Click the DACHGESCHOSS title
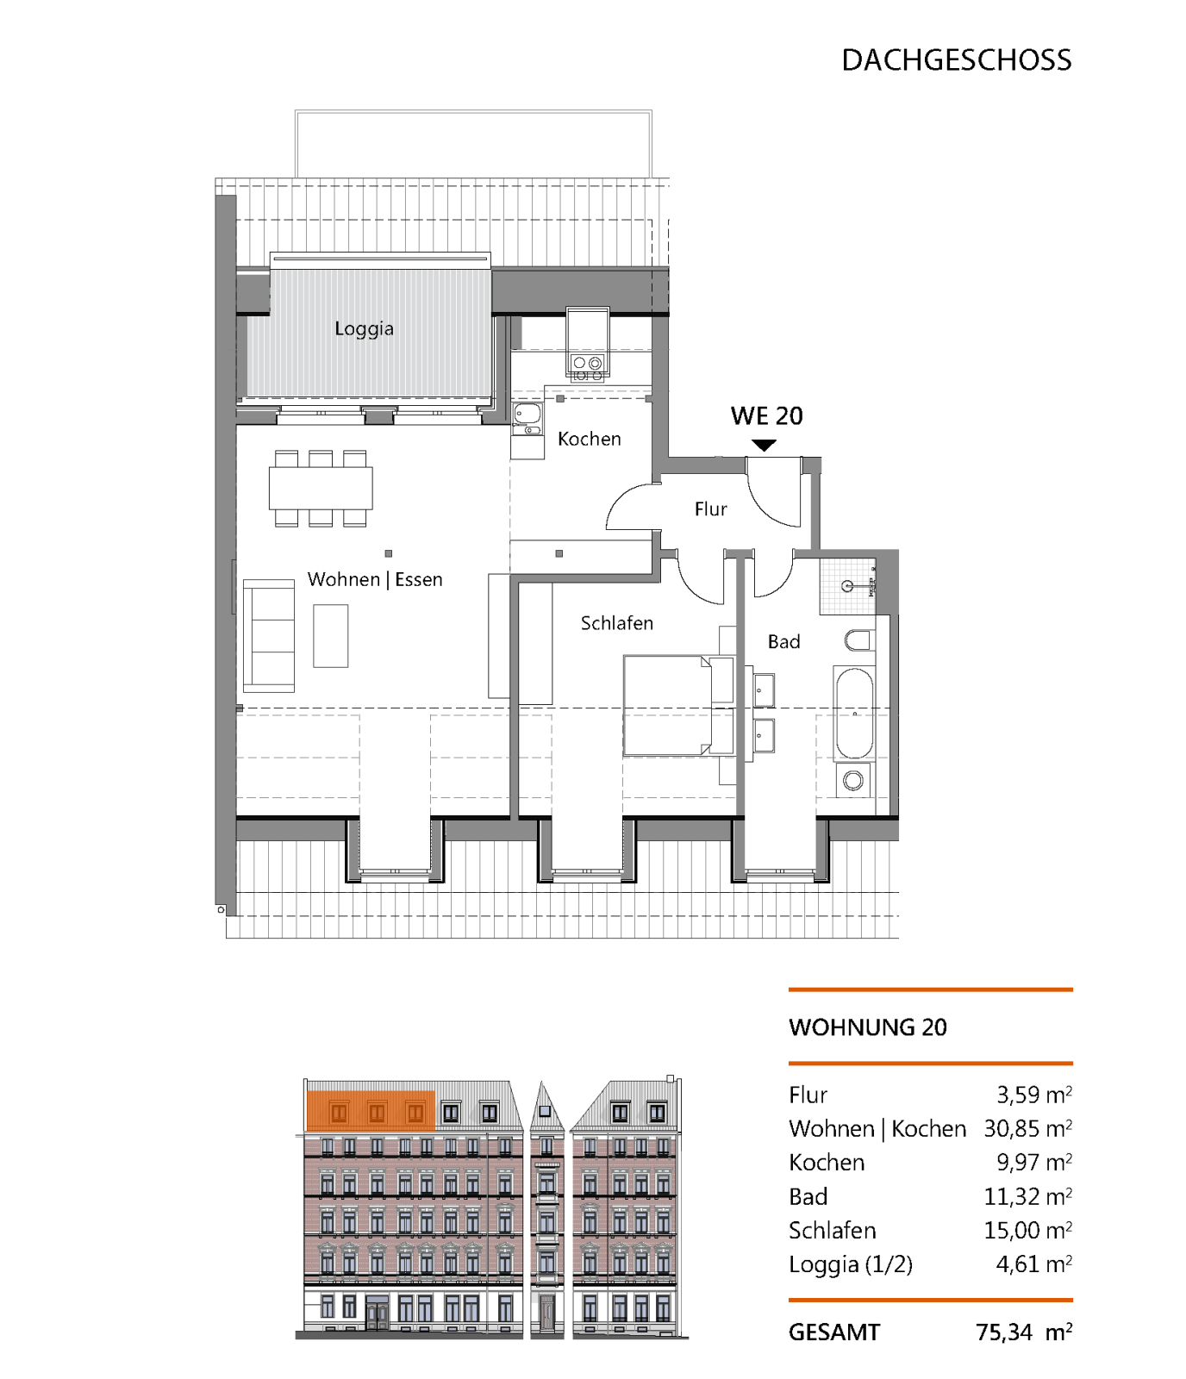(956, 60)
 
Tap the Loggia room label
(364, 328)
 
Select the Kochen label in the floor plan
(590, 439)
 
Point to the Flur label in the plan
(711, 509)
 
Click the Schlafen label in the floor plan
(617, 623)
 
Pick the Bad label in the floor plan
(784, 641)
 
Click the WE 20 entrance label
(767, 416)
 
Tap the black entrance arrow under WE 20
(764, 446)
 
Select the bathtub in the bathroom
(854, 714)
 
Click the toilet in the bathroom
(859, 640)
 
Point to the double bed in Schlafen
(678, 706)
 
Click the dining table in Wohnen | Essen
(321, 488)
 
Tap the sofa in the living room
(269, 636)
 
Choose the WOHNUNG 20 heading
(868, 1027)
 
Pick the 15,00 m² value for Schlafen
(1028, 1231)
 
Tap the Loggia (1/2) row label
(851, 1264)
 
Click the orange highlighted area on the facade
(371, 1111)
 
